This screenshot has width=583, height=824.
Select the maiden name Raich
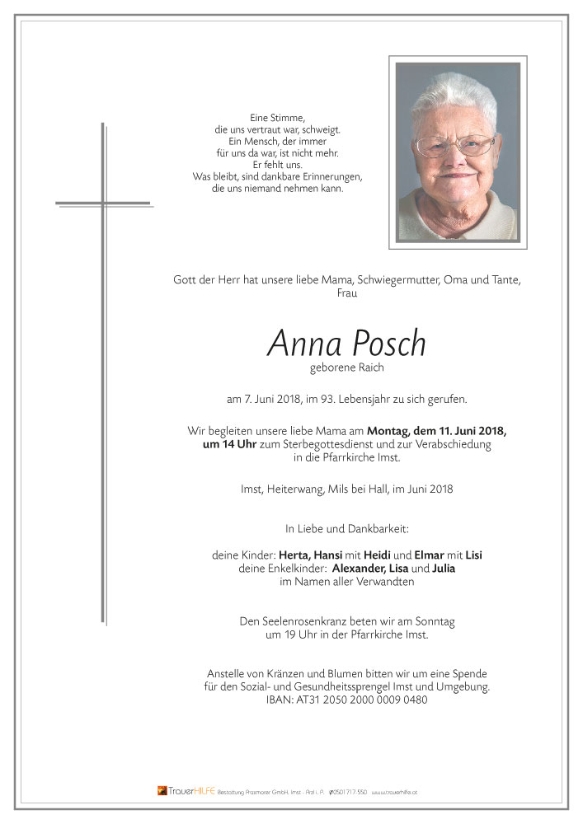367,368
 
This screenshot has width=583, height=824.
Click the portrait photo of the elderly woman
458,152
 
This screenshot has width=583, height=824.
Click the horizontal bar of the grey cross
103,203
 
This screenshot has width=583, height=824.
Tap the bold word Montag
392,431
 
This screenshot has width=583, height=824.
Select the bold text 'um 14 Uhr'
230,444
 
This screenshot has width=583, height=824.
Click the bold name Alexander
360,569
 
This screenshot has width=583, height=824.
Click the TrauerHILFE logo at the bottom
187,791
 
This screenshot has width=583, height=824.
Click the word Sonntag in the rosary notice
432,621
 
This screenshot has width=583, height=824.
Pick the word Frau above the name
347,294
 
